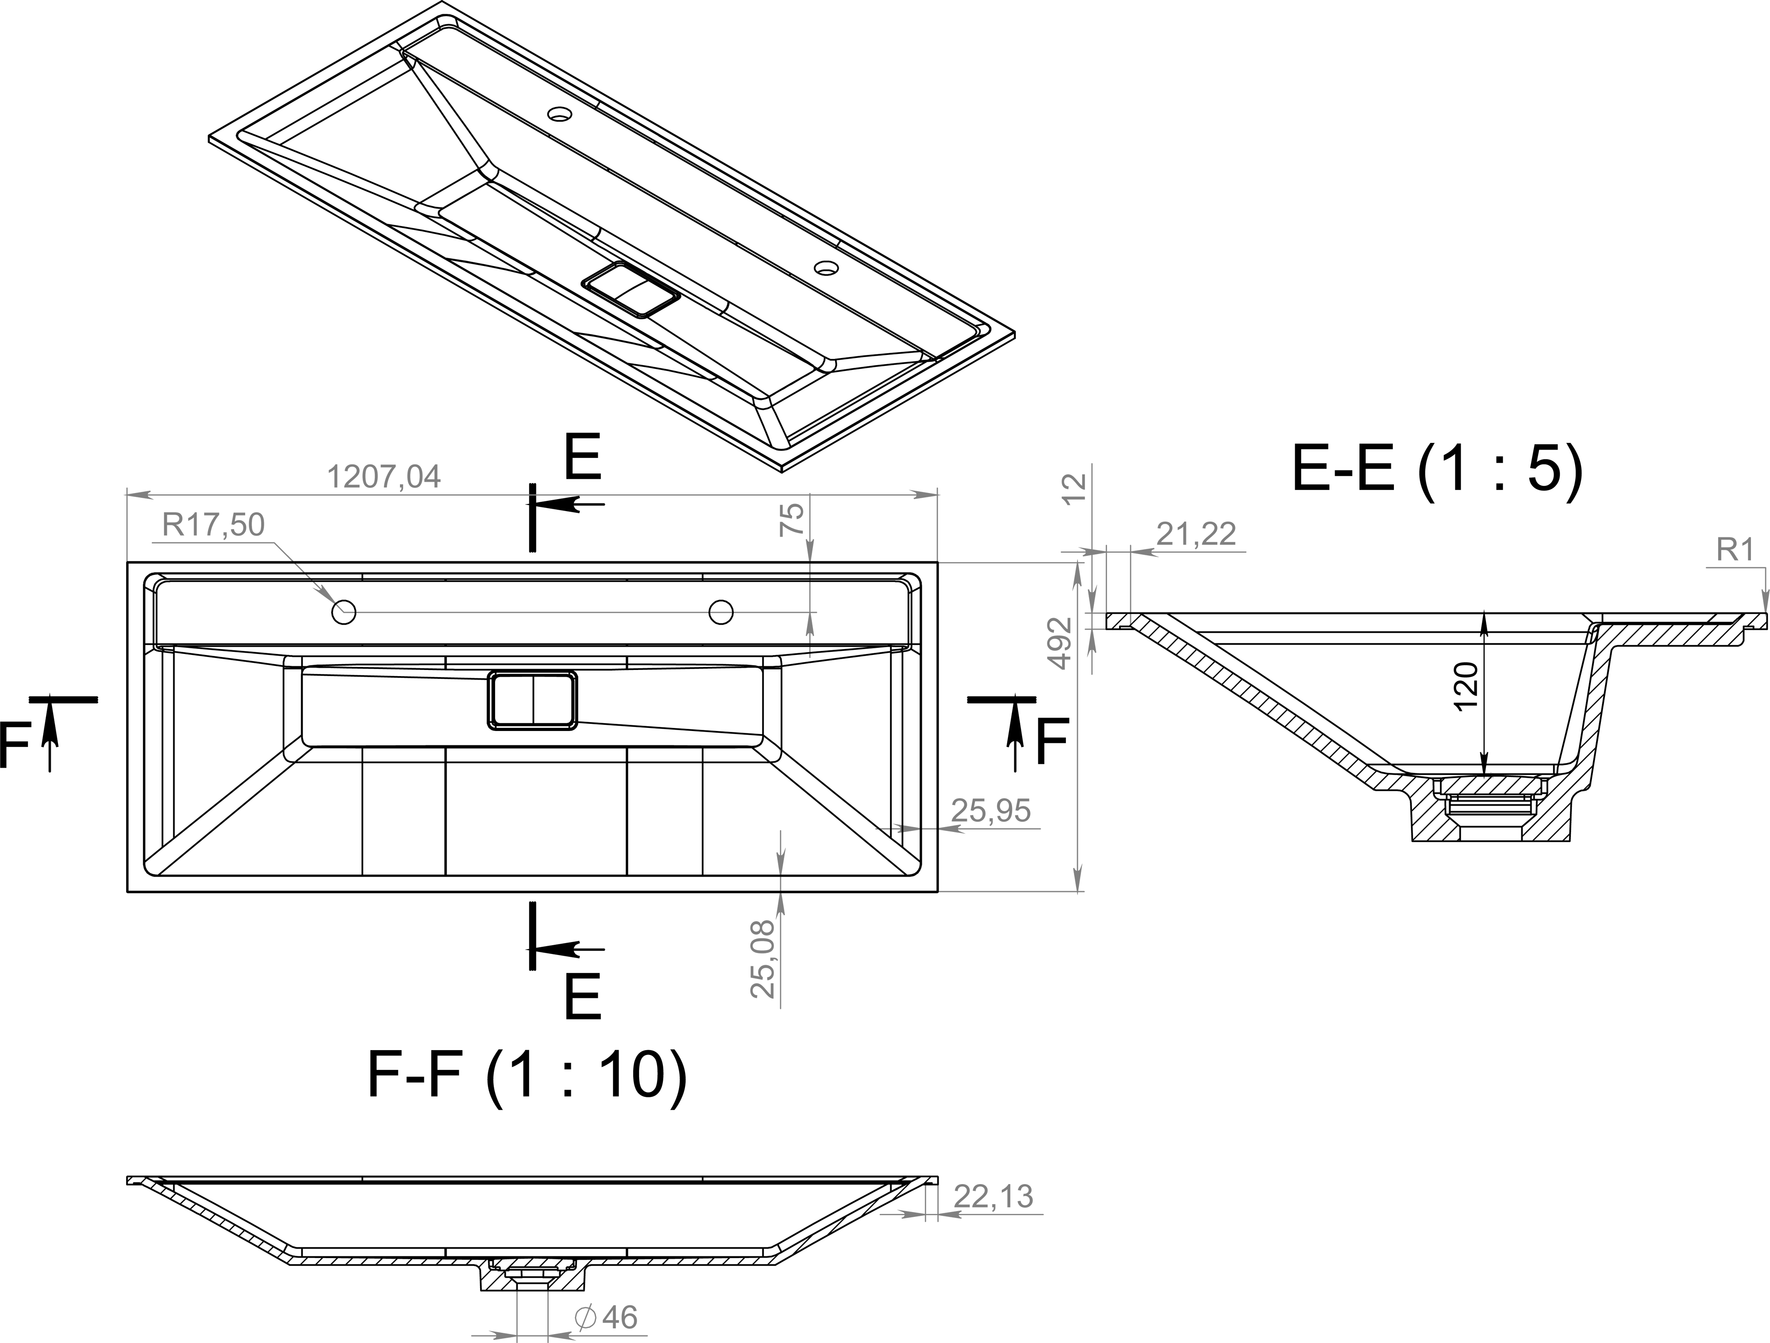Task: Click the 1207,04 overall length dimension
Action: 384,477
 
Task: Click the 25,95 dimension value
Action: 991,811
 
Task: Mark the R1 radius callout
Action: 1735,550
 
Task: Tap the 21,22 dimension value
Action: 1196,534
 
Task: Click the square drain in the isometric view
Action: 631,289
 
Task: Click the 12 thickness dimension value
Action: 1076,487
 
